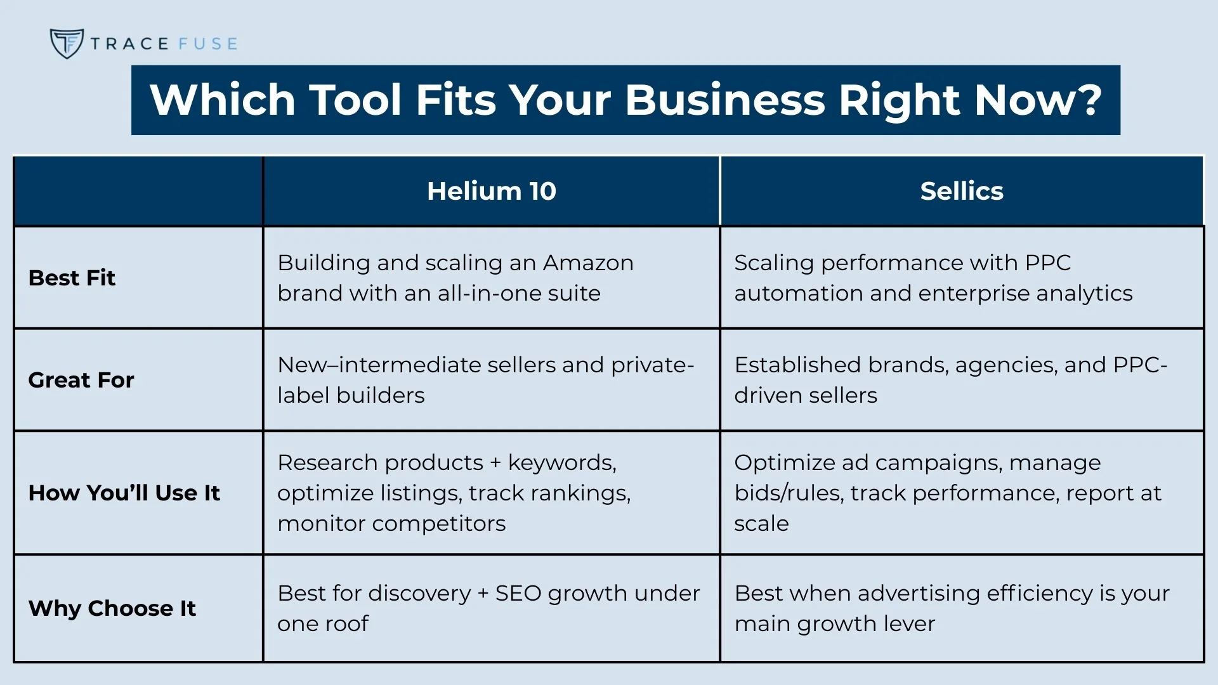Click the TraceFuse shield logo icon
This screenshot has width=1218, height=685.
(x=67, y=43)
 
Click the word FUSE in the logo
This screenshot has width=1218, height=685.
(x=208, y=44)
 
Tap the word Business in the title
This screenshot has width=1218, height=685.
(x=724, y=100)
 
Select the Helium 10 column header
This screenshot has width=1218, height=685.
(x=492, y=191)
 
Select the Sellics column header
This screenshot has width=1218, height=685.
(x=962, y=191)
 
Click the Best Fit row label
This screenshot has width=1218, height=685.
(x=72, y=278)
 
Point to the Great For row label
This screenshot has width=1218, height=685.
(x=81, y=380)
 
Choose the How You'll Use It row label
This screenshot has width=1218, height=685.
(x=124, y=493)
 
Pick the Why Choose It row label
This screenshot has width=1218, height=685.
(x=112, y=608)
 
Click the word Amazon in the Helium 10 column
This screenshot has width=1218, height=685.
(x=588, y=263)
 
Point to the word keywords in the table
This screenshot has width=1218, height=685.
(x=562, y=462)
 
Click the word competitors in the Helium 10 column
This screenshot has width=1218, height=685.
(x=438, y=523)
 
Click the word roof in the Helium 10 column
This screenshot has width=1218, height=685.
(x=346, y=623)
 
